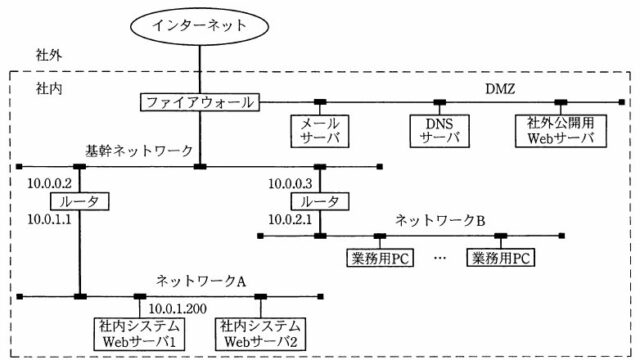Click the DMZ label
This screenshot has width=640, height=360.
pos(500,89)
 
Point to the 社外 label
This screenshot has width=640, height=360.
pos(49,55)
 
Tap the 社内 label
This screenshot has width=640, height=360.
pos(49,88)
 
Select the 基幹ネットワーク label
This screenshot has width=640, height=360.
pos(139,151)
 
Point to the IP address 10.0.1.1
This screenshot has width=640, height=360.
pos(49,220)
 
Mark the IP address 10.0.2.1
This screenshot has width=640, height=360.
pos(290,220)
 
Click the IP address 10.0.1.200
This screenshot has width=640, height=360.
pos(178,309)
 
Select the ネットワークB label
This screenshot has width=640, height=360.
pos(440,220)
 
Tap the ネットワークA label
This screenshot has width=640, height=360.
pos(201,281)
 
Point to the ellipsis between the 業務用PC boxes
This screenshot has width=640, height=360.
pos(440,258)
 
